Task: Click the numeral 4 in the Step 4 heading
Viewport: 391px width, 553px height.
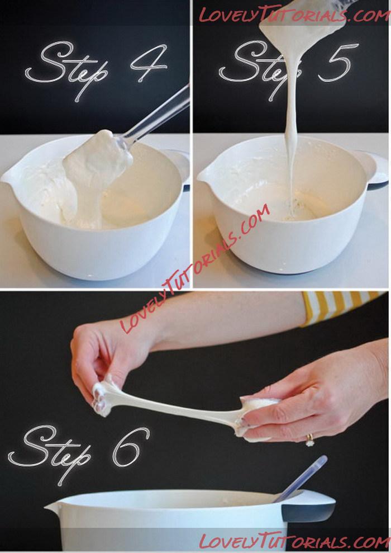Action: point(148,64)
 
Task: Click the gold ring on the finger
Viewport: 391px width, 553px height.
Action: point(309,440)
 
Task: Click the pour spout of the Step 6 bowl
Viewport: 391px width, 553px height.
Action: point(53,507)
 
